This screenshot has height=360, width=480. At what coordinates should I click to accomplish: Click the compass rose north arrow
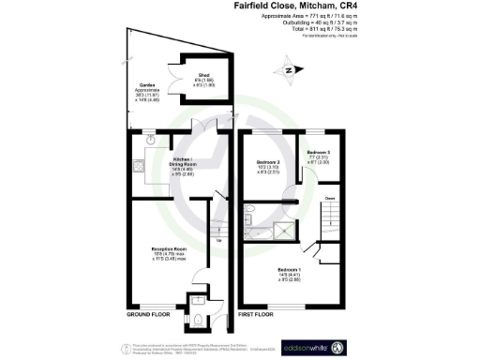pyautogui.click(x=288, y=69)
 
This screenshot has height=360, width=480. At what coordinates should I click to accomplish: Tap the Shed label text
pyautogui.click(x=202, y=78)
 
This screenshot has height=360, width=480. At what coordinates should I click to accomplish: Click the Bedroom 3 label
pyautogui.click(x=319, y=152)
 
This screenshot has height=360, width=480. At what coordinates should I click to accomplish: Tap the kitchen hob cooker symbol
pyautogui.click(x=139, y=167)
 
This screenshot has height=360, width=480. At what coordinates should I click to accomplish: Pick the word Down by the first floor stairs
pyautogui.click(x=330, y=199)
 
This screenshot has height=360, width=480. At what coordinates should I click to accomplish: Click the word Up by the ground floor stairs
pyautogui.click(x=219, y=240)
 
